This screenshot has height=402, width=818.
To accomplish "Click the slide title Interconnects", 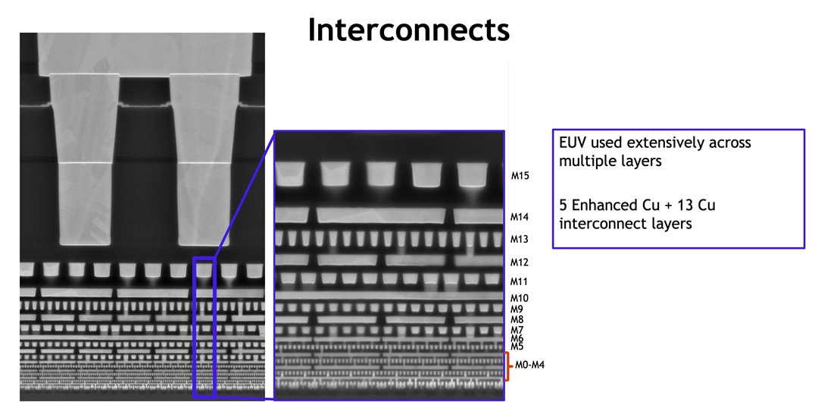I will pos(408,30).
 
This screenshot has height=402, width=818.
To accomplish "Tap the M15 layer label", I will pos(520,176).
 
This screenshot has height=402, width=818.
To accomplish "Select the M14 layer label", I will pos(520,217).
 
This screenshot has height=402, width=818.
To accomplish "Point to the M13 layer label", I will pos(520,239).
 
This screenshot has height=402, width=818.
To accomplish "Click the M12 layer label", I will pos(520,262).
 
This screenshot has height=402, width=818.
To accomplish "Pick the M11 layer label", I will pos(520,281).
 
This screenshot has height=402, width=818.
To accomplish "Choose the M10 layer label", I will pos(520,298).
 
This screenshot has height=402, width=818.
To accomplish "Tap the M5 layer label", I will pos(517,347).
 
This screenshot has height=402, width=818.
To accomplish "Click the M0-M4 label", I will pos(531,365).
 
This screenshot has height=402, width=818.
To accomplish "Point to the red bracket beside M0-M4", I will pos(507,366).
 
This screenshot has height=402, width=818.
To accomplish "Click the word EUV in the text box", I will pos(573,143).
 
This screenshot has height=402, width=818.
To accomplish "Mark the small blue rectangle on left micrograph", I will pos(204,327).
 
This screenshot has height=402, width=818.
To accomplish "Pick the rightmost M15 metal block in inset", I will pos(471,174).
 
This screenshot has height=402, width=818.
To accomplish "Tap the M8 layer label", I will pos(517,319).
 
